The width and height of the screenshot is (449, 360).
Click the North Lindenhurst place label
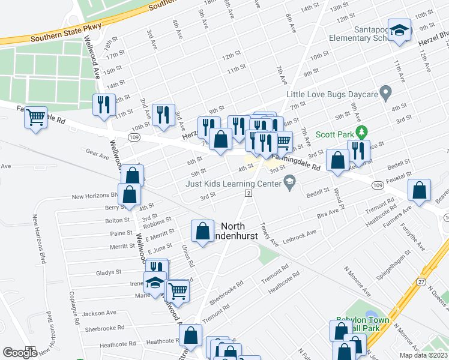pos(240,231)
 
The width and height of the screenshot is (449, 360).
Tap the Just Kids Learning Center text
pos(234,184)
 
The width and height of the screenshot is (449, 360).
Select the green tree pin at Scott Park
pos(361,131)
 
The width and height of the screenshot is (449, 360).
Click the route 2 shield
pos(247,192)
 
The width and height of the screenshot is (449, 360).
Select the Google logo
pos(20,353)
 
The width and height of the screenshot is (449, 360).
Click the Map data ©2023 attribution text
pos(423,355)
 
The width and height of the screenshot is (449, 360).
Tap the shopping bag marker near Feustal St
pos(419,190)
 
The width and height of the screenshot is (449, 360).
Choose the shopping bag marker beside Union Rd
pos(203,230)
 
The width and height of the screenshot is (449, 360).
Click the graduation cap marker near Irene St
pos(155,281)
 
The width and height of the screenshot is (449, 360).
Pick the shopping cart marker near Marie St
pos(177,292)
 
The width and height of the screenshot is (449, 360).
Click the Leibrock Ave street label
pos(299,235)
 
